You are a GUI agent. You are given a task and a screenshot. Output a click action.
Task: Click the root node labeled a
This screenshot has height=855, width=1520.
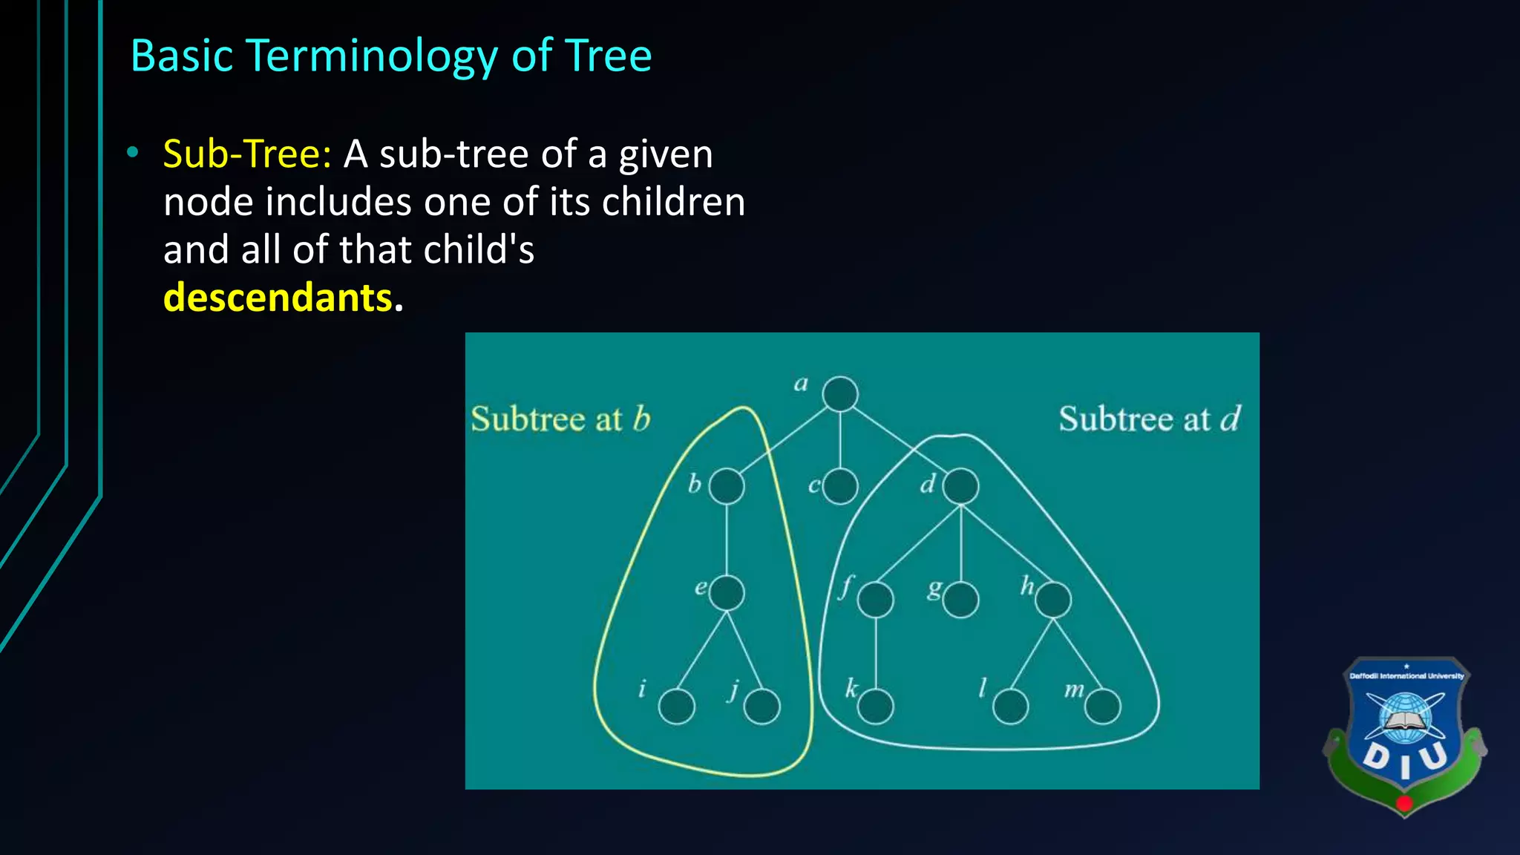[x=840, y=394]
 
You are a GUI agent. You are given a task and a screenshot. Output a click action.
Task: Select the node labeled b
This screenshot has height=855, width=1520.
[x=727, y=487]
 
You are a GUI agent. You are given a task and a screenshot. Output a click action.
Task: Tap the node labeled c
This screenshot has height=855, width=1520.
[x=840, y=487]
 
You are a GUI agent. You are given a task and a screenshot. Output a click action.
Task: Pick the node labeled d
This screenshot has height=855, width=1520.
[x=961, y=487]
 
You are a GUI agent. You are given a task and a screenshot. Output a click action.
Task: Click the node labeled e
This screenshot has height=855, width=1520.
[x=727, y=593]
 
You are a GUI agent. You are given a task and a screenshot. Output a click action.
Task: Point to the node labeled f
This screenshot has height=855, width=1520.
[x=876, y=600]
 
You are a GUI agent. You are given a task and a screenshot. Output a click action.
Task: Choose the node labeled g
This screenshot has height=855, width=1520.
[x=961, y=600]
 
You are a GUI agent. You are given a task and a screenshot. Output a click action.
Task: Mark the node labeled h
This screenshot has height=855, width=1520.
[x=1053, y=600]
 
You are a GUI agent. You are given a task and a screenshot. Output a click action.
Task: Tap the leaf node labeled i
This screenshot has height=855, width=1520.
[x=677, y=706]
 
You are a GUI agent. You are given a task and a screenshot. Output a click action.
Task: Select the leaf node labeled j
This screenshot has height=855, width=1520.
[x=762, y=706]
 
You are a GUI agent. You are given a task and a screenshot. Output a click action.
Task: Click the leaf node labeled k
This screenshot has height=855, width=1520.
[x=876, y=706]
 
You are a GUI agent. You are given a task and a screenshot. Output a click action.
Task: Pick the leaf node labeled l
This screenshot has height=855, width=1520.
[x=1010, y=706]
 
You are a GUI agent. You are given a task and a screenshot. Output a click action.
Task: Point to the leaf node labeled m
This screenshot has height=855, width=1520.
[x=1102, y=706]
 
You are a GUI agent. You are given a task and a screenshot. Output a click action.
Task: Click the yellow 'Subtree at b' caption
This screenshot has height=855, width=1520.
[x=560, y=419]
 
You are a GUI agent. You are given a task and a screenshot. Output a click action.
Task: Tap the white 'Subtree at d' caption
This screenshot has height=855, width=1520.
[x=1149, y=419]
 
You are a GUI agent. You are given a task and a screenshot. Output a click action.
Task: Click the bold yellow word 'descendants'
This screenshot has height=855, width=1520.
[x=278, y=298]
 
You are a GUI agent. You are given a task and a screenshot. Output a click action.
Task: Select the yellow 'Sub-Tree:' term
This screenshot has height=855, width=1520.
[x=247, y=154]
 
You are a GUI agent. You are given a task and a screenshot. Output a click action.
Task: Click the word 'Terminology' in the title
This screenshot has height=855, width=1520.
[x=372, y=56]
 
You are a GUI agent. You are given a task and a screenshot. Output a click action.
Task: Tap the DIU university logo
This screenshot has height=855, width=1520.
[x=1404, y=735]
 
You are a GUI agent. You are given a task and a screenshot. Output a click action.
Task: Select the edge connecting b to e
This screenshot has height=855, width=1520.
[x=727, y=540]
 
